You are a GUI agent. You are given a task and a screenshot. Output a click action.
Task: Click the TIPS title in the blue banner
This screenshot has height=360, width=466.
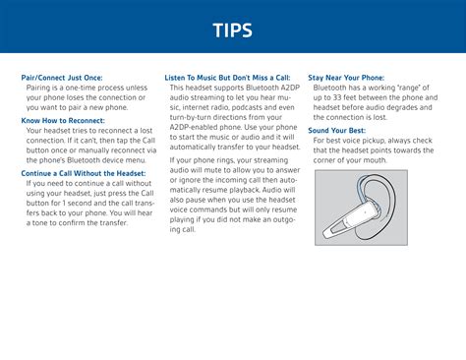click(x=233, y=30)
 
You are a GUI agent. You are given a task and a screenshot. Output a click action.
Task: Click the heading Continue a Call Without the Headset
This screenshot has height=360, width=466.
click(x=84, y=173)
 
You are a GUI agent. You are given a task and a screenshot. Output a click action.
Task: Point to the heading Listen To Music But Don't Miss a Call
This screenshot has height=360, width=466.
click(x=227, y=77)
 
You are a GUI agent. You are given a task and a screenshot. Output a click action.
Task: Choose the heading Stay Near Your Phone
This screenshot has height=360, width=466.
click(x=346, y=77)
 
